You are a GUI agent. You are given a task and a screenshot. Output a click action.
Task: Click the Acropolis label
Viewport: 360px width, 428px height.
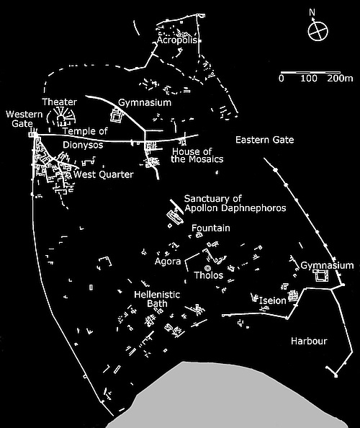[176, 41]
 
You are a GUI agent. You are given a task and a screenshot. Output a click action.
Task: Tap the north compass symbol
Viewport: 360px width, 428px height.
[315, 31]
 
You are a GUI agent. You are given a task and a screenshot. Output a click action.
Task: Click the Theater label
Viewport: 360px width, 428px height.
[60, 102]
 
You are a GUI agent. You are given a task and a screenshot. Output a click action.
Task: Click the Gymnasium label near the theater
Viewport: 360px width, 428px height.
[145, 103]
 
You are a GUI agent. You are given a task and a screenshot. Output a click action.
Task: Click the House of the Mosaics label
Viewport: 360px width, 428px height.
[197, 155]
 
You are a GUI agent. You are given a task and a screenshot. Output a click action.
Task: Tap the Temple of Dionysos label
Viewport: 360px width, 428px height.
[84, 137]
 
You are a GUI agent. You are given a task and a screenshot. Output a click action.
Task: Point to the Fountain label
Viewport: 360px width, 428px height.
[211, 228]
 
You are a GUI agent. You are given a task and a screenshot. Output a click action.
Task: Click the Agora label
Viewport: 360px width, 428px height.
[168, 262]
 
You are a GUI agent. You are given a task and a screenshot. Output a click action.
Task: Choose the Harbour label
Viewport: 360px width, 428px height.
[309, 339]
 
